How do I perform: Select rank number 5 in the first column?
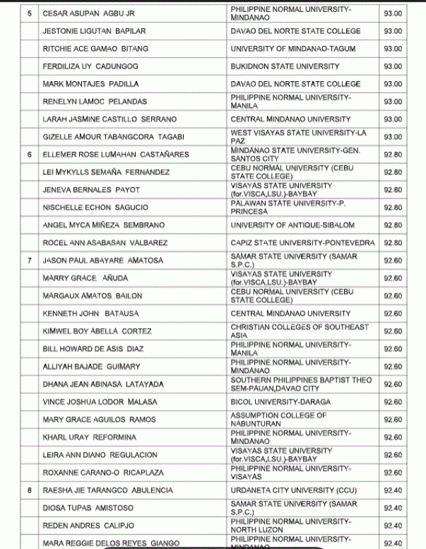point(29,13)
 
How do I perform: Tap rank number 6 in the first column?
point(29,154)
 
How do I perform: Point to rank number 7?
point(29,260)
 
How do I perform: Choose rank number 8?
point(29,490)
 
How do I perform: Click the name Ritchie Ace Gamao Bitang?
point(95,49)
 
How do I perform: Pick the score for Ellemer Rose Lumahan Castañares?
point(393,154)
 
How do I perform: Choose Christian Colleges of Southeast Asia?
point(300,331)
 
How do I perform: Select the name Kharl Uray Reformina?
point(89,437)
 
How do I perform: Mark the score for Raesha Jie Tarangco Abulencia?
point(393,490)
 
